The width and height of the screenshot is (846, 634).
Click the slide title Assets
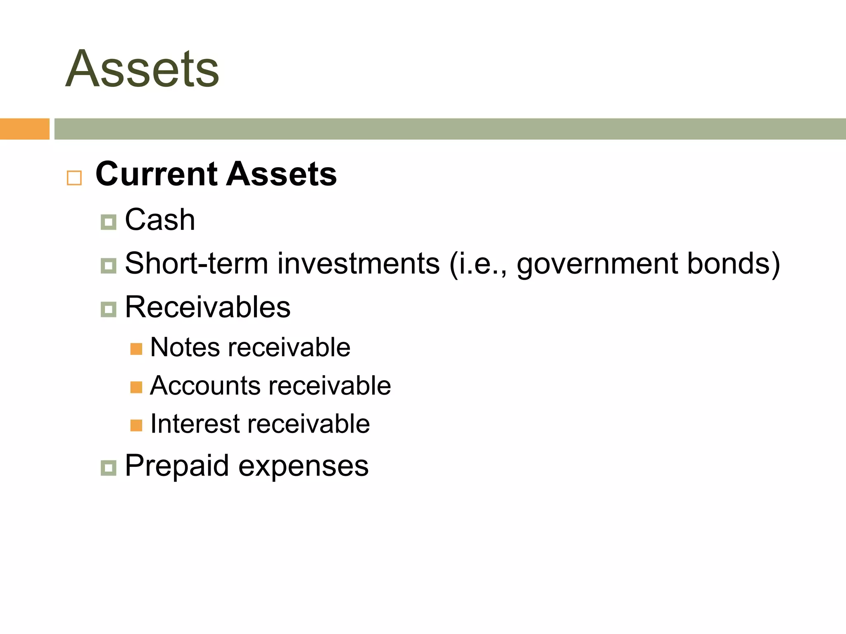coord(143,69)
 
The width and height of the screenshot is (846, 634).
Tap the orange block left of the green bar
coord(24,129)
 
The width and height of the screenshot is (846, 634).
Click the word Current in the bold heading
coord(157,174)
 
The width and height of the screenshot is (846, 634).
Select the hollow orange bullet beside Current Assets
coord(74,178)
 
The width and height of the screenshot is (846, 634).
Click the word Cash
coord(160,220)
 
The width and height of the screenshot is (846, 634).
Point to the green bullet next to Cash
coord(108,222)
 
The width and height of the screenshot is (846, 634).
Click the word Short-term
coord(196,263)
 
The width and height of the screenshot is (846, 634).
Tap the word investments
coord(358,263)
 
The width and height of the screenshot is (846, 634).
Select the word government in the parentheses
coord(597,264)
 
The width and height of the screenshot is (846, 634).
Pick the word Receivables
coord(207,307)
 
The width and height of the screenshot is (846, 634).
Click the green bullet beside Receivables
coord(108,309)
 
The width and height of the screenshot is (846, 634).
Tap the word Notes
coord(185,347)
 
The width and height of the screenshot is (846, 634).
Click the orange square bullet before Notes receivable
coord(136,349)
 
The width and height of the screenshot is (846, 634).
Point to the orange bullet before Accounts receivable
coord(136,387)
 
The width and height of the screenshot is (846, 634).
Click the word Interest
coord(195,423)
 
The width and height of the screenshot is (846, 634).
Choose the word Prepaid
coord(177,466)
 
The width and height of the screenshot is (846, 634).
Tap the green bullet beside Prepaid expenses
coord(108,468)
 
